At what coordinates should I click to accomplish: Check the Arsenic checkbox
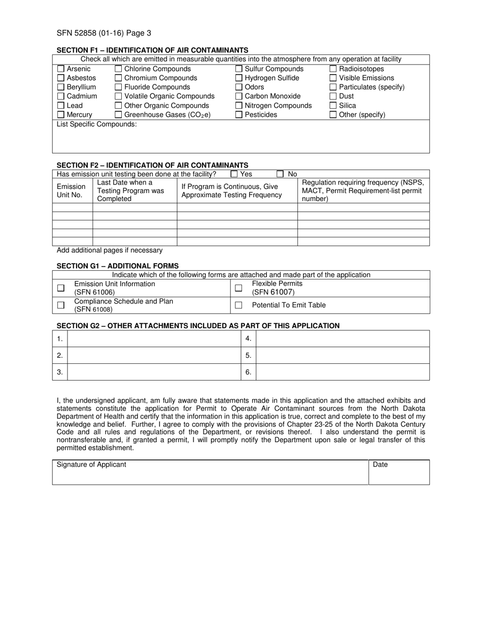click(x=61, y=69)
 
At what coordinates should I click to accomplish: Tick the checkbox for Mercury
click(x=61, y=115)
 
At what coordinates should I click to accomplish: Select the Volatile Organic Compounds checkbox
click(x=118, y=97)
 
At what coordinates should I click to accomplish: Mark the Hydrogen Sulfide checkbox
click(x=239, y=78)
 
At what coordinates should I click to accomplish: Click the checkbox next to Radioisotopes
click(x=333, y=69)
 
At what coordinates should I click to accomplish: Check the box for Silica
click(x=333, y=106)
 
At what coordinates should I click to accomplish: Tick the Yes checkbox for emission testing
click(x=234, y=174)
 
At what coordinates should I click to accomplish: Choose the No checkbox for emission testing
click(x=280, y=174)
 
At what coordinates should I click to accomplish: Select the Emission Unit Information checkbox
click(x=61, y=288)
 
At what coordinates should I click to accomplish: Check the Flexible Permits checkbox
click(x=238, y=288)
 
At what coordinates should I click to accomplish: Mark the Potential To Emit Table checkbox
click(x=238, y=305)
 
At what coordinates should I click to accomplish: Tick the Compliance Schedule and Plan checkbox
click(x=61, y=305)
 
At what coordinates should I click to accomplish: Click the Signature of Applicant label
click(x=91, y=464)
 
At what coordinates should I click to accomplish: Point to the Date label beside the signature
click(x=381, y=464)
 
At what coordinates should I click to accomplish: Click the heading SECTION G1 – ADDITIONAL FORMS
click(x=117, y=266)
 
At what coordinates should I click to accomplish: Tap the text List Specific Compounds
click(x=96, y=124)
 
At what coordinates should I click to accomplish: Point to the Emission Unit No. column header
click(x=71, y=191)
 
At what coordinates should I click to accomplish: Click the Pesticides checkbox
click(x=239, y=115)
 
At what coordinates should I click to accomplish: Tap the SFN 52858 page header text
click(x=104, y=34)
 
